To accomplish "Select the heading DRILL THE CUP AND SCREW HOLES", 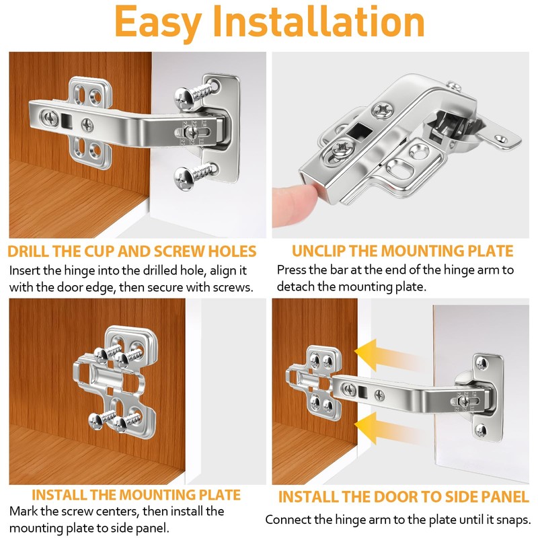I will [132, 252].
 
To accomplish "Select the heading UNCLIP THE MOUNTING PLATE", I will [402, 252].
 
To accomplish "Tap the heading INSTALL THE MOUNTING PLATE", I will [136, 495].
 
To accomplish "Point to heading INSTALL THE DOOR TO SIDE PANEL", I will [403, 498].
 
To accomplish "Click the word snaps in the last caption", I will [510, 520].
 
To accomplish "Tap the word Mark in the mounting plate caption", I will [24, 511].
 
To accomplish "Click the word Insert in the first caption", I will [26, 271].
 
